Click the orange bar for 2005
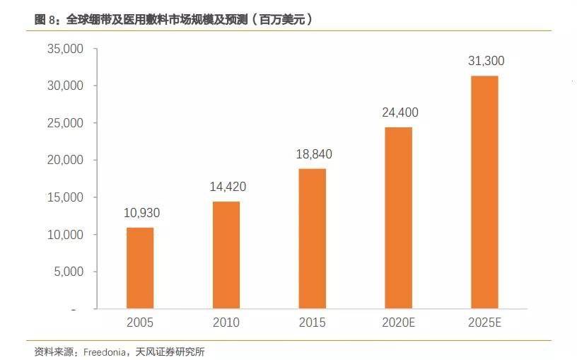click(140, 268)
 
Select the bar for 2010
click(226, 255)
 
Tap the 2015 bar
click(312, 239)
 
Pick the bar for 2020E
click(398, 219)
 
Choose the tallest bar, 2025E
click(484, 192)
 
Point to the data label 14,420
click(226, 187)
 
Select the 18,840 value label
click(312, 154)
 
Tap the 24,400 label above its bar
click(398, 112)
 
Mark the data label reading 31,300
click(486, 62)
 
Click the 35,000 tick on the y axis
click(64, 49)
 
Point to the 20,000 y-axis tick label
click(64, 160)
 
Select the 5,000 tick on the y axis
click(68, 272)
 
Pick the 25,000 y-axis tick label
click(64, 123)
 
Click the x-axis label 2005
click(140, 323)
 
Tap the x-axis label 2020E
click(398, 323)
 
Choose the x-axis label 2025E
click(484, 323)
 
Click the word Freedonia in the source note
click(103, 352)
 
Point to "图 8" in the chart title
click(47, 20)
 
